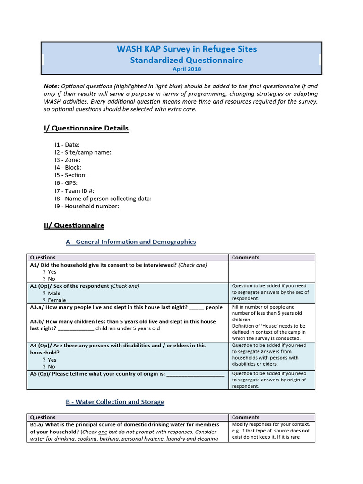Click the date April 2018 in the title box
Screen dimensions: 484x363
[187, 69]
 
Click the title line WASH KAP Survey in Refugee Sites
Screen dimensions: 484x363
[187, 49]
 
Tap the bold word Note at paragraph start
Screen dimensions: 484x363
[51, 86]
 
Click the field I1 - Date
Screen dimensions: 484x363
[67, 145]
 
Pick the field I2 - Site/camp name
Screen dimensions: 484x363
[83, 152]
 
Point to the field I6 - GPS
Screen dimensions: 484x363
[66, 183]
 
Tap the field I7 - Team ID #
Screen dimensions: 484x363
[74, 190]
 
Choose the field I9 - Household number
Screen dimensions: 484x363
[87, 206]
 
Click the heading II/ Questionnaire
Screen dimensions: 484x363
[74, 225]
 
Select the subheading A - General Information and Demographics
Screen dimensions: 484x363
[130, 242]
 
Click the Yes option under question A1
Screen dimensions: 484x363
[52, 272]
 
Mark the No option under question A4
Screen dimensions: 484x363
[51, 366]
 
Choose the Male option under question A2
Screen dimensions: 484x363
[54, 293]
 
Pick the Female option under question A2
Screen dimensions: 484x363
[57, 300]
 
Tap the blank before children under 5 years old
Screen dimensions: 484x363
[76, 329]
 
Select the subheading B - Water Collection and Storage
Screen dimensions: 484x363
[115, 402]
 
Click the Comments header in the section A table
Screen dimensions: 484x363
[246, 257]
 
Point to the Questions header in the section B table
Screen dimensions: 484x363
[43, 417]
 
